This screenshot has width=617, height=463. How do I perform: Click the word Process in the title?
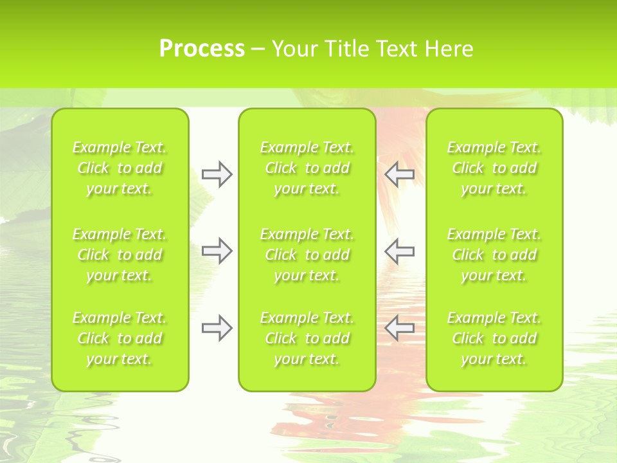pyautogui.click(x=202, y=49)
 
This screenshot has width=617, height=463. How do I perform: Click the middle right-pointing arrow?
pyautogui.click(x=217, y=250)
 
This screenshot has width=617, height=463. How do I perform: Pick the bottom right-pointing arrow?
pyautogui.click(x=217, y=328)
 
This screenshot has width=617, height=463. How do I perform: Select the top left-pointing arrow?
pyautogui.click(x=399, y=173)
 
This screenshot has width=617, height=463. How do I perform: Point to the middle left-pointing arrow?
pyautogui.click(x=399, y=251)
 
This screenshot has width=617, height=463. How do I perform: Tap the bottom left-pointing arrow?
pyautogui.click(x=399, y=327)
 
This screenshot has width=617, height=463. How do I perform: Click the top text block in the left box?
pyautogui.click(x=120, y=168)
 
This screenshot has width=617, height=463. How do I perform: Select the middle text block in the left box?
pyautogui.click(x=120, y=255)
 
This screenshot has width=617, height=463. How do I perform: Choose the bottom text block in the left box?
pyautogui.click(x=120, y=338)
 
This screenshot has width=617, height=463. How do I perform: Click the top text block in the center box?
pyautogui.click(x=307, y=168)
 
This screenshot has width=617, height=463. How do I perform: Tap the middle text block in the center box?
pyautogui.click(x=307, y=255)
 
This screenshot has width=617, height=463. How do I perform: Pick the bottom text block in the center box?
pyautogui.click(x=307, y=338)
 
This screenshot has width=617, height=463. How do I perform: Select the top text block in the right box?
pyautogui.click(x=494, y=168)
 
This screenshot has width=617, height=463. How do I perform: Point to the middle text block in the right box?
pyautogui.click(x=494, y=255)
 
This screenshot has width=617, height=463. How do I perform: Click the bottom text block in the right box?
pyautogui.click(x=494, y=338)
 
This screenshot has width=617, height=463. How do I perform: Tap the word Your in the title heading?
pyautogui.click(x=294, y=49)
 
